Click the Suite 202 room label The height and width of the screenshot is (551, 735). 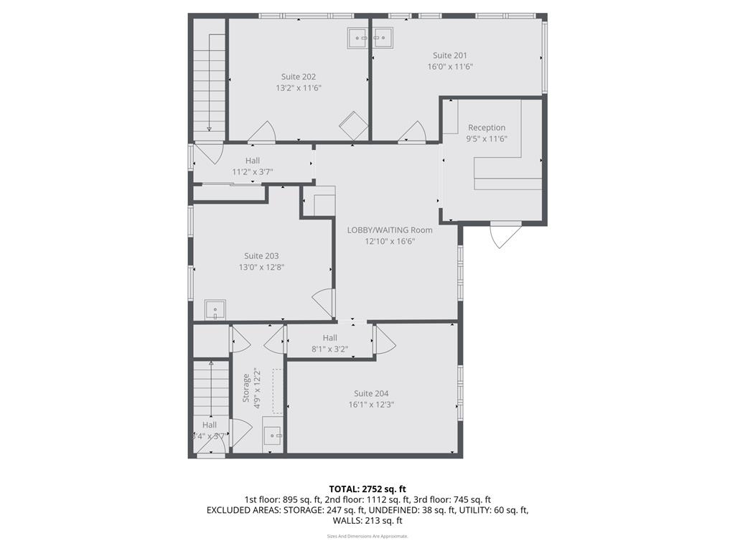(298, 77)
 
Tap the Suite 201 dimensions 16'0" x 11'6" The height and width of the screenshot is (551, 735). (450, 67)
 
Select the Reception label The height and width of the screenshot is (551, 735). (487, 128)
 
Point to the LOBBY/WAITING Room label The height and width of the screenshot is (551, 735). (390, 230)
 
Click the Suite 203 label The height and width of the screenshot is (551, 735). (261, 256)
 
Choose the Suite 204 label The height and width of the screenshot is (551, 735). (371, 393)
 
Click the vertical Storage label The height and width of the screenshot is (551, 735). (246, 387)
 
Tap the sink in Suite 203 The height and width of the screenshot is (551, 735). (215, 310)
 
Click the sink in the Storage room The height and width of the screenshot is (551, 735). (273, 435)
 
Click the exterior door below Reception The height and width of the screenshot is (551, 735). (505, 235)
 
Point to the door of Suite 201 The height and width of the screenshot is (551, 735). (413, 132)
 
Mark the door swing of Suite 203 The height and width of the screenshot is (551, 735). (324, 302)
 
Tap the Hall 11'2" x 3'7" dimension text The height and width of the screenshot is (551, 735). (252, 172)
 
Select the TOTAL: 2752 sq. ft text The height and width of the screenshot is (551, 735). (367, 489)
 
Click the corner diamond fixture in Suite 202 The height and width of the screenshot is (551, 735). (353, 126)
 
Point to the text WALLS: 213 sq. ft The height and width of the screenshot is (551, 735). (367, 521)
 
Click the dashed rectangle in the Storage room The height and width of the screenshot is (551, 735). (277, 391)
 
